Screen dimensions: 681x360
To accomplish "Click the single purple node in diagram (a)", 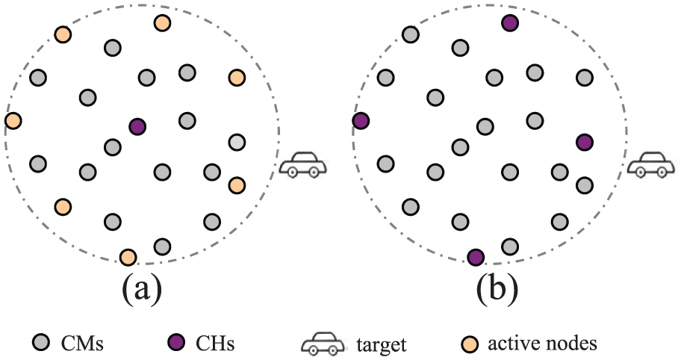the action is [137, 127].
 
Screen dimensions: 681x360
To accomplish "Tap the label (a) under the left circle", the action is [143, 288].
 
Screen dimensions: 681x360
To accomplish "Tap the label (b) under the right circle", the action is [497, 288].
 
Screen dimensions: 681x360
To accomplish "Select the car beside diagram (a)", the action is [302, 164].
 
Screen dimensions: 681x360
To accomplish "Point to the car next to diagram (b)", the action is [651, 164].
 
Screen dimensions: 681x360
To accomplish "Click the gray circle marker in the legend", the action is [42, 343].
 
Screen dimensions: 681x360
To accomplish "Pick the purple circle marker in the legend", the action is [177, 343].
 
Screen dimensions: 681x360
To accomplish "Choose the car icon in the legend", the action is [323, 344].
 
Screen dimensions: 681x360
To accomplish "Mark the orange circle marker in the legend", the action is [469, 344].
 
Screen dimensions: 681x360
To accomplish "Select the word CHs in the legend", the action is [215, 344].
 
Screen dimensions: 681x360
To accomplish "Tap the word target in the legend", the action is [382, 345].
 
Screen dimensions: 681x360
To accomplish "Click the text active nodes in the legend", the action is [542, 344].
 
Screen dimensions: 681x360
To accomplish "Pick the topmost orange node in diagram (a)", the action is [162, 22].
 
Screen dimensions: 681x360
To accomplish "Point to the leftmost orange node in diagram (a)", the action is [13, 120].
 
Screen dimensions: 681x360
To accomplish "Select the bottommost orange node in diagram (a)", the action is [128, 257].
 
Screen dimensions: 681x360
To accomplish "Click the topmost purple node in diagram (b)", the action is [509, 22].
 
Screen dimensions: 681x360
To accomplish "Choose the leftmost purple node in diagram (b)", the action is [361, 120].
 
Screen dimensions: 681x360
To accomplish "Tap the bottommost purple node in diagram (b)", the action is [476, 257].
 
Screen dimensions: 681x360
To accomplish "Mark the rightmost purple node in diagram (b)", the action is [585, 142].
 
